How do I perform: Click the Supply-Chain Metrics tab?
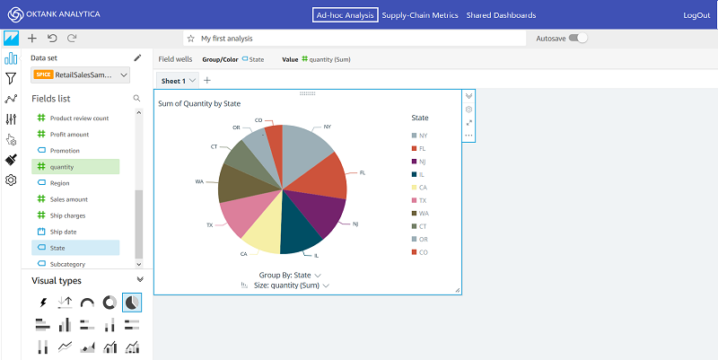click(x=420, y=15)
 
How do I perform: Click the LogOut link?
click(x=696, y=15)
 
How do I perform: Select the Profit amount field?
click(x=69, y=134)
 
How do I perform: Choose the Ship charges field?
click(x=69, y=215)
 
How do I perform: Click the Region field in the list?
click(x=60, y=182)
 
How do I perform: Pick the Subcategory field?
click(x=68, y=264)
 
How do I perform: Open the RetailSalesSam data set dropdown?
click(x=82, y=75)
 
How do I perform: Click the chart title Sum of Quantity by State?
click(x=212, y=103)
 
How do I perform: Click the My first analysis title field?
click(x=355, y=39)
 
